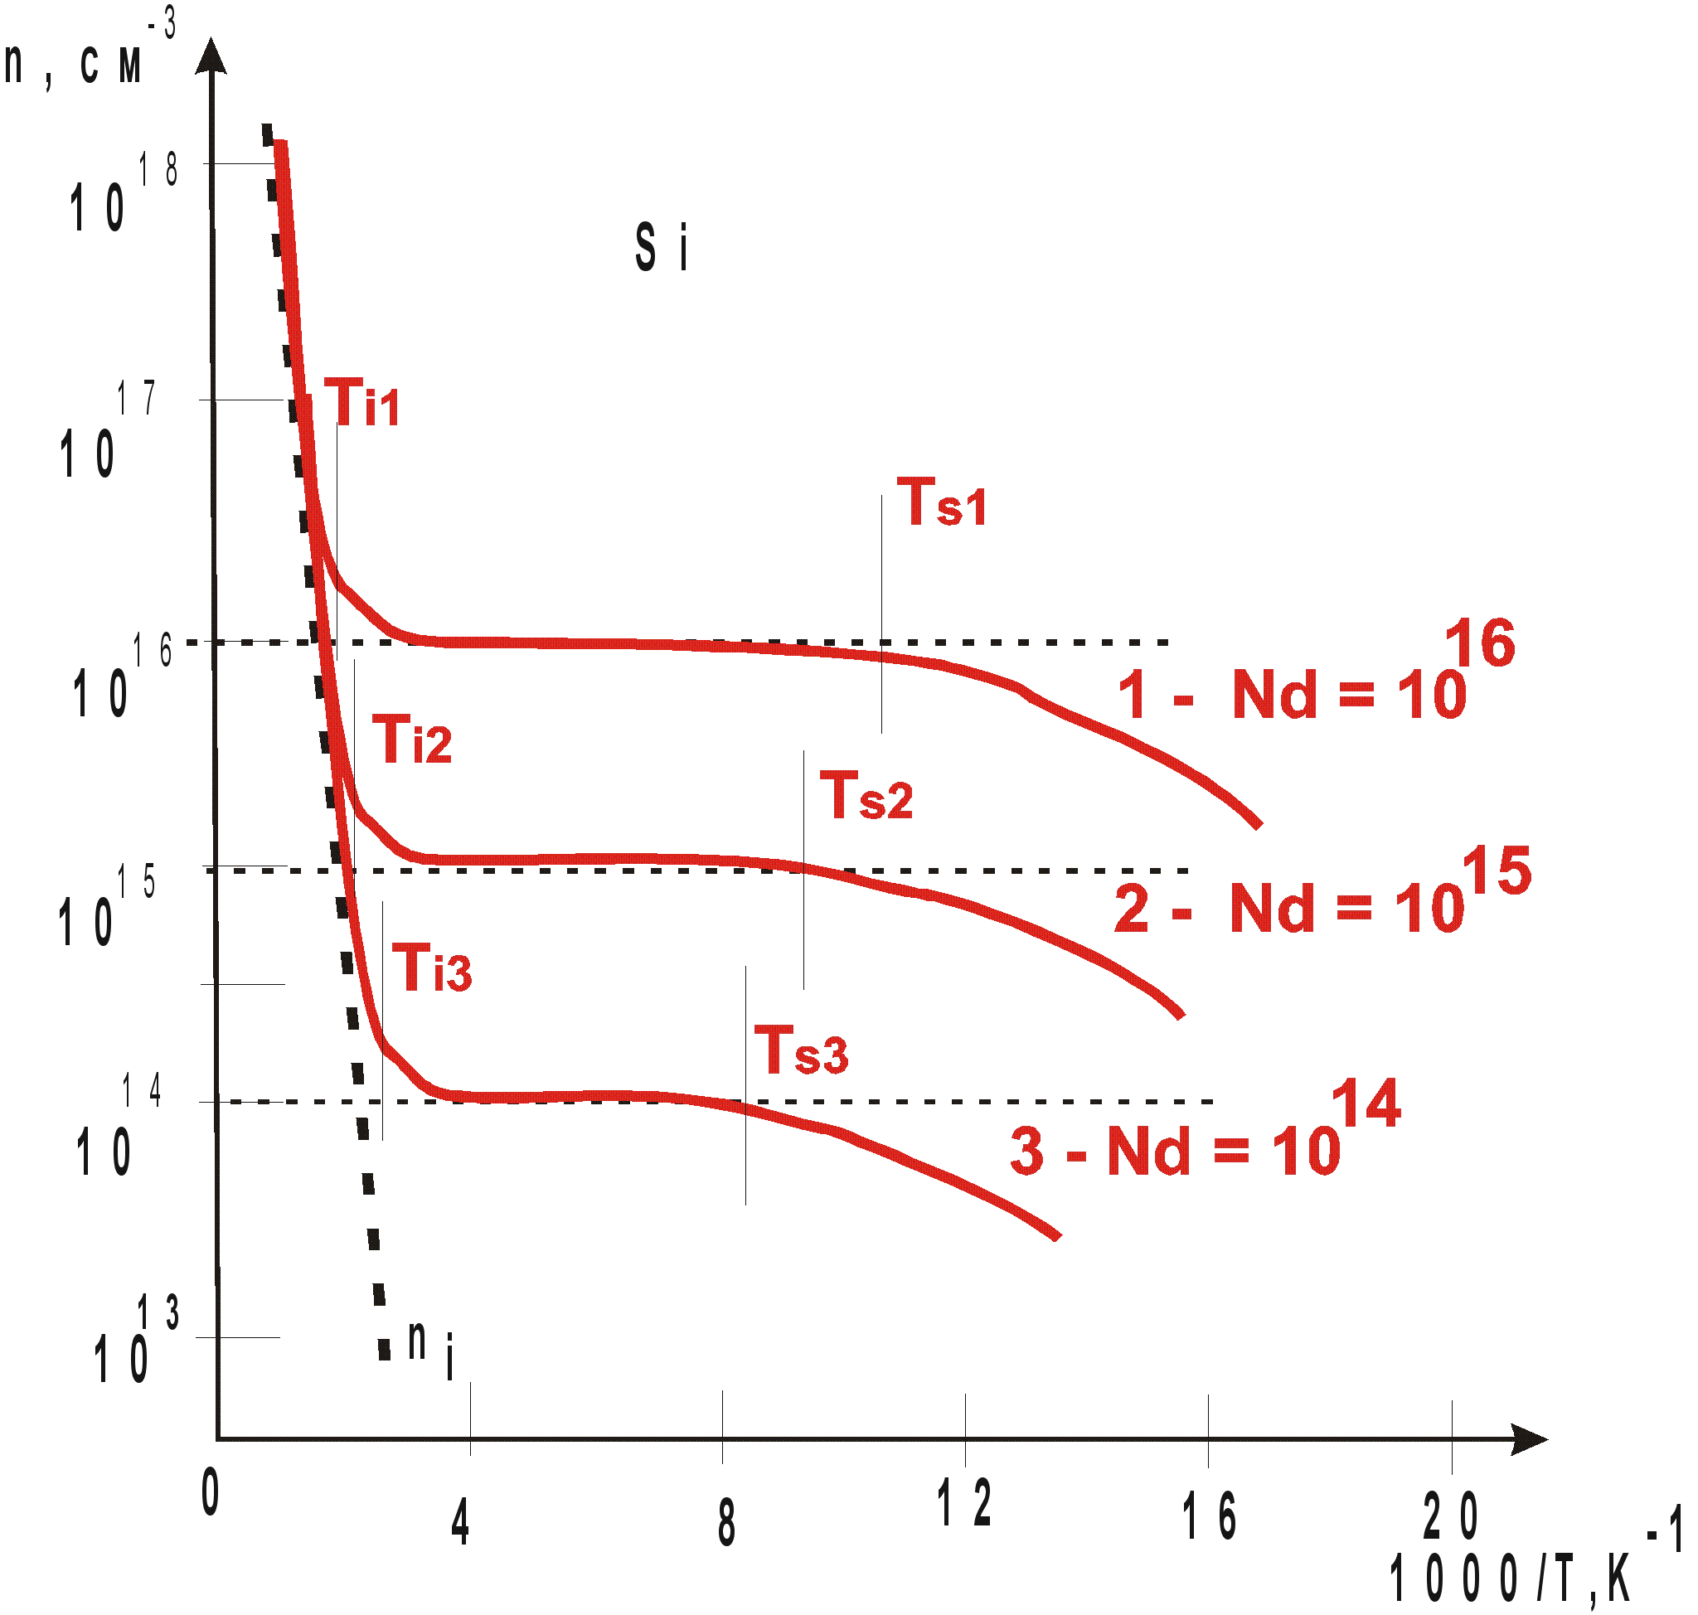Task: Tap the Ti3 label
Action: [x=433, y=968]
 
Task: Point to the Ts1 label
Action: [x=943, y=502]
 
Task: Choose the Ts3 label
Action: [x=803, y=1051]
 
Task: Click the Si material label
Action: [x=662, y=248]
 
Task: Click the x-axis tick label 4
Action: [x=461, y=1522]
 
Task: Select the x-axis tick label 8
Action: [x=727, y=1522]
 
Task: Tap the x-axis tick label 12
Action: [x=964, y=1503]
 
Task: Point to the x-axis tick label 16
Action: [x=1210, y=1516]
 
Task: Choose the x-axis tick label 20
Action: [x=1452, y=1516]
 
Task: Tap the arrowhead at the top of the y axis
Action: [x=211, y=56]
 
